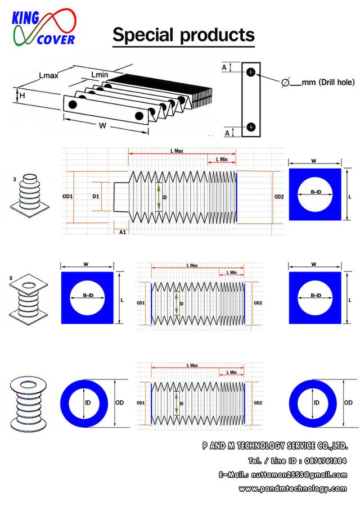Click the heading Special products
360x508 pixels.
pyautogui.click(x=183, y=35)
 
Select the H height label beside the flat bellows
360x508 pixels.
pyautogui.click(x=22, y=96)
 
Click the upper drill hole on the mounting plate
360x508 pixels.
pyautogui.click(x=251, y=72)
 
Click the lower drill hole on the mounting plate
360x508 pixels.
pyautogui.click(x=251, y=126)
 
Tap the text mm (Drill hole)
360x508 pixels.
pyautogui.click(x=328, y=83)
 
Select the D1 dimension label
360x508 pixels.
pyautogui.click(x=96, y=197)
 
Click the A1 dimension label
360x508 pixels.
pyautogui.click(x=122, y=231)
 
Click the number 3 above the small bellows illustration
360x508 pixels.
pyautogui.click(x=14, y=179)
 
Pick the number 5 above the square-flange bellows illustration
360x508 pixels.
pyautogui.click(x=13, y=277)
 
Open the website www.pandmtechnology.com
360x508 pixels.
pyautogui.click(x=292, y=488)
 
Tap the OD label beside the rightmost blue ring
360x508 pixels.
pyautogui.click(x=348, y=402)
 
